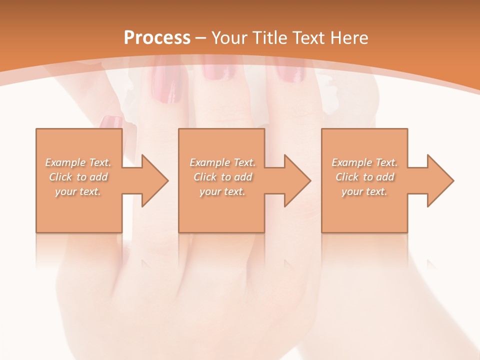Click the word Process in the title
pos(157,37)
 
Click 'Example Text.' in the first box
pos(78,162)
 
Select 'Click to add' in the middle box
pos(222,177)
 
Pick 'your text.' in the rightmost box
pos(364,191)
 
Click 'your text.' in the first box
pos(78,191)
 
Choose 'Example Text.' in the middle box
pos(222,162)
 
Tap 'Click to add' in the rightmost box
pos(364,177)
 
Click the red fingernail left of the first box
pos(111,121)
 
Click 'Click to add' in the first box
pos(78,177)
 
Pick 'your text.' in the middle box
pos(222,191)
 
